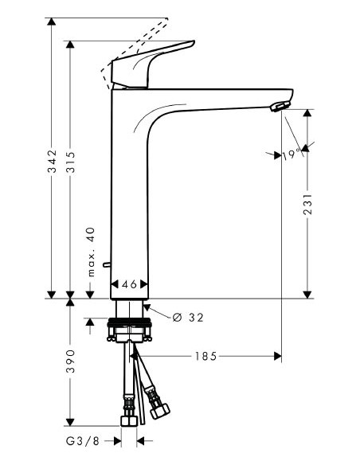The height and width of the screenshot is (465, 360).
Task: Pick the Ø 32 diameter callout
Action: (x=187, y=318)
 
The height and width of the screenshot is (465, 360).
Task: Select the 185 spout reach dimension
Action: (x=205, y=356)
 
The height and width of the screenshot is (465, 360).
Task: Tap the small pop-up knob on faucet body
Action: (x=106, y=263)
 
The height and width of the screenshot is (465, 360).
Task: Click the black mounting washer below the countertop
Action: (x=128, y=325)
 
